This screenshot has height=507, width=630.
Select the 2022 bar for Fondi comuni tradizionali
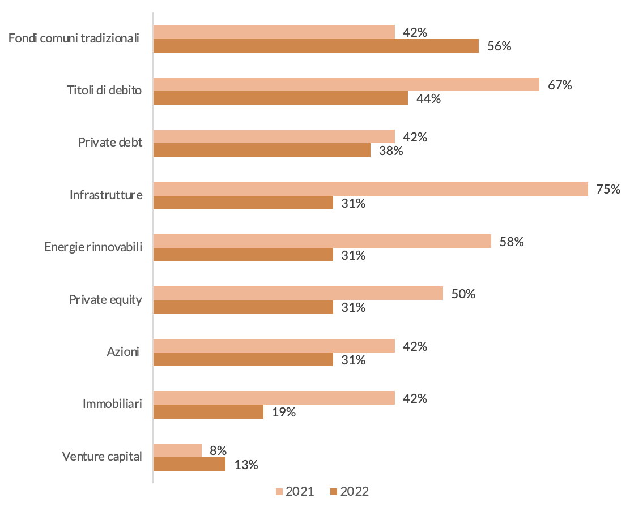click(x=316, y=46)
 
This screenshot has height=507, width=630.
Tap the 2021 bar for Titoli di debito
click(x=346, y=84)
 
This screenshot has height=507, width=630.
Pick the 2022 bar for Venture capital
click(x=189, y=465)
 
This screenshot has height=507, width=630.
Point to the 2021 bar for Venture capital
click(x=177, y=450)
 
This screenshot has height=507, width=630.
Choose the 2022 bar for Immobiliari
click(x=208, y=412)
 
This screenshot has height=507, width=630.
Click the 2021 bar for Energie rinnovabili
click(x=322, y=241)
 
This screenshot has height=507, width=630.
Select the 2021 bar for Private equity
click(x=298, y=293)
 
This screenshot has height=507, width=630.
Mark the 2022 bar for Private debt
click(x=262, y=151)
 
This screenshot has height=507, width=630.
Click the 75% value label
click(x=608, y=189)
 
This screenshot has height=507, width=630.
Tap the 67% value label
click(x=560, y=85)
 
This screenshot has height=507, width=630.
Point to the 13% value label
click(x=246, y=465)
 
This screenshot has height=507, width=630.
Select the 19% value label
click(x=284, y=413)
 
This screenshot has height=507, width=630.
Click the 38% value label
click(x=391, y=151)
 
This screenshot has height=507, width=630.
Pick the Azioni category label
click(x=123, y=352)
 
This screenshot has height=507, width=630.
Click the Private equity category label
click(x=105, y=299)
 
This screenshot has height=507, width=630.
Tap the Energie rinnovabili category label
click(x=93, y=247)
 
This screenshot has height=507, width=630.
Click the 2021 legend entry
click(x=295, y=491)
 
